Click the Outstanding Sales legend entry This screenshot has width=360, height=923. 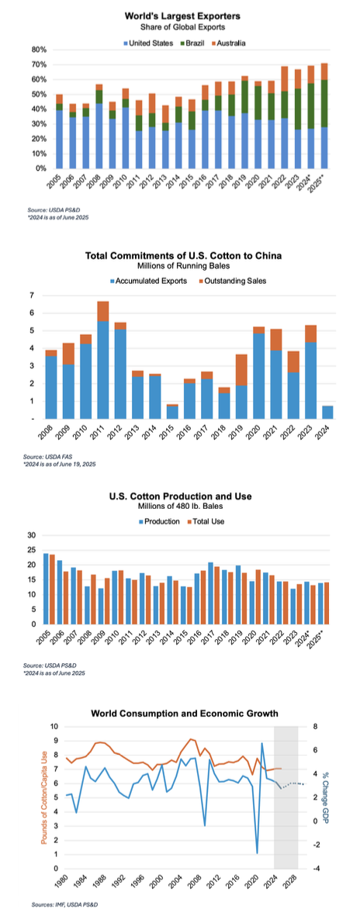pyautogui.click(x=230, y=280)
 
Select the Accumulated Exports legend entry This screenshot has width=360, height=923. pyautogui.click(x=147, y=280)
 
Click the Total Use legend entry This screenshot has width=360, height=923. pyautogui.click(x=206, y=521)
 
